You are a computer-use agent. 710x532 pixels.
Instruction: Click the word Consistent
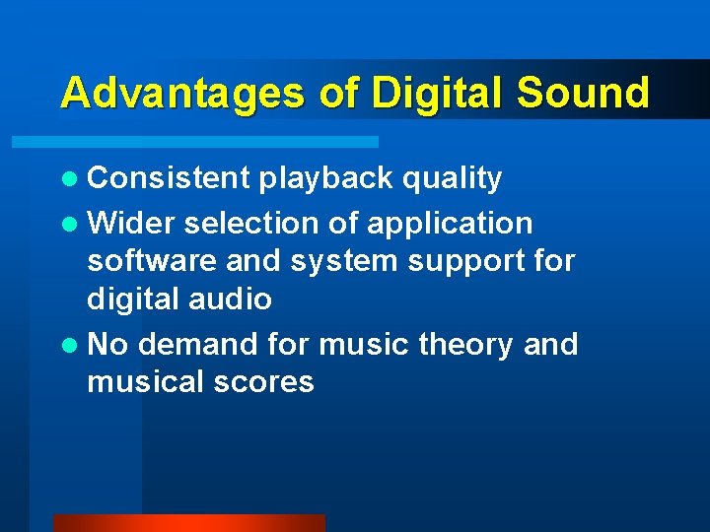click(x=170, y=178)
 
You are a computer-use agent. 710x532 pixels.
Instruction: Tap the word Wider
click(x=131, y=224)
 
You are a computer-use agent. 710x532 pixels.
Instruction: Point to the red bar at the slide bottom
click(x=188, y=523)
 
